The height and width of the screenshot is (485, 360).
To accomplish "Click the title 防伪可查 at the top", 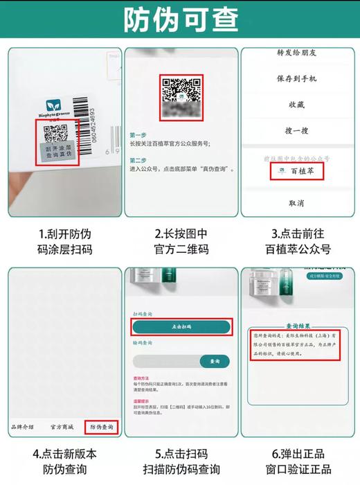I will click(x=180, y=21).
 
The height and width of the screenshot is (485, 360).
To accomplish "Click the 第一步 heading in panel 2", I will click(x=138, y=135).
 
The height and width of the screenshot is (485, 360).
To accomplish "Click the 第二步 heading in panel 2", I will click(x=138, y=160).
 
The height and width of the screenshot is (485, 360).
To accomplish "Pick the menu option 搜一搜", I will click(x=296, y=130).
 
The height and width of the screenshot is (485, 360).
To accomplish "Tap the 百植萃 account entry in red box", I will click(x=296, y=170).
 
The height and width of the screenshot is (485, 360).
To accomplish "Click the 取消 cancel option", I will click(x=296, y=203).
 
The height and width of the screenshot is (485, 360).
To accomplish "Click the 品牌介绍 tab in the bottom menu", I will click(x=21, y=427).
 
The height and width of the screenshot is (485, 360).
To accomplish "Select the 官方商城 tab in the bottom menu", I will click(x=62, y=427).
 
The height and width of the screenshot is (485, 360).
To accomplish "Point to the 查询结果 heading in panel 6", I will click(x=298, y=324).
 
